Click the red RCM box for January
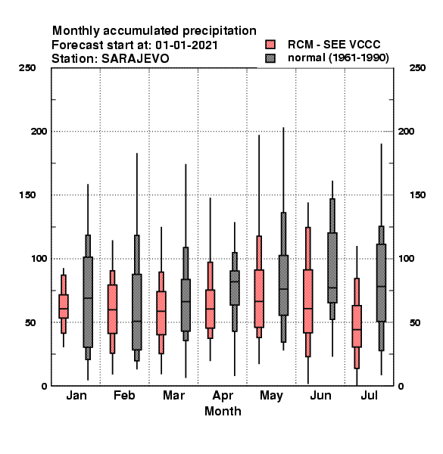[x=64, y=306]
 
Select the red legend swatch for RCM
[x=270, y=45]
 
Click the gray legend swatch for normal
[x=270, y=58]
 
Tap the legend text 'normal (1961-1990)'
[x=338, y=58]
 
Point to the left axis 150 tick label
[x=27, y=195]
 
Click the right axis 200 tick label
[x=406, y=131]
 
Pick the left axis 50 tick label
[x=30, y=322]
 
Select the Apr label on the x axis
[x=223, y=396]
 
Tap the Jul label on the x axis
[x=369, y=395]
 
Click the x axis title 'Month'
[x=223, y=411]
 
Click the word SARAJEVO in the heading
[x=135, y=58]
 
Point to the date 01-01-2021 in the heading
[x=186, y=45]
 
